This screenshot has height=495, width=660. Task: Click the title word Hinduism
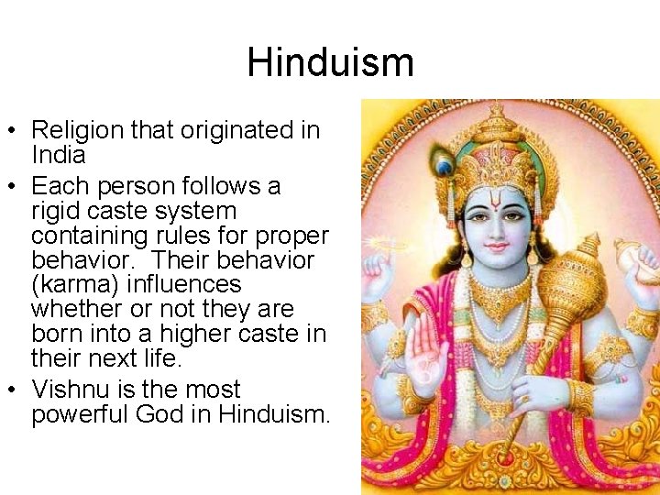[x=330, y=62]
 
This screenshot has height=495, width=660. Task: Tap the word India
[x=58, y=154]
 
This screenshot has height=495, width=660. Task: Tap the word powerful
[x=79, y=414]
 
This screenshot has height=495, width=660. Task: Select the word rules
[x=218, y=236]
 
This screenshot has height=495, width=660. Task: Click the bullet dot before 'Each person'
[x=15, y=187]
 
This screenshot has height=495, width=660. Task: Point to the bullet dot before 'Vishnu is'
[x=15, y=390]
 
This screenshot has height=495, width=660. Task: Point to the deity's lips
[x=496, y=247]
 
